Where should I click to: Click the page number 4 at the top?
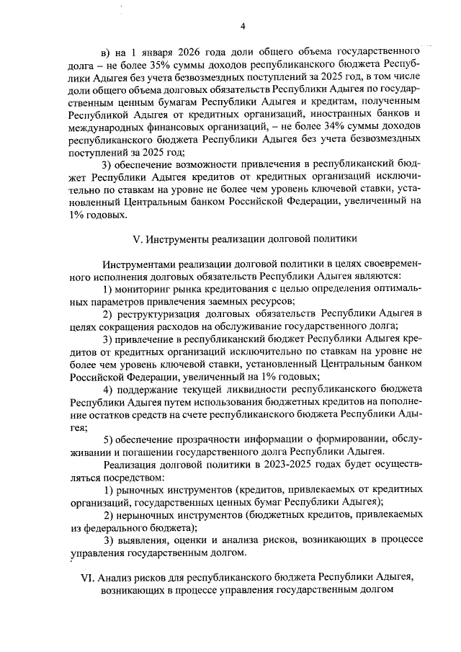coord(243,27)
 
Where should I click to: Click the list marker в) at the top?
coord(107,50)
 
